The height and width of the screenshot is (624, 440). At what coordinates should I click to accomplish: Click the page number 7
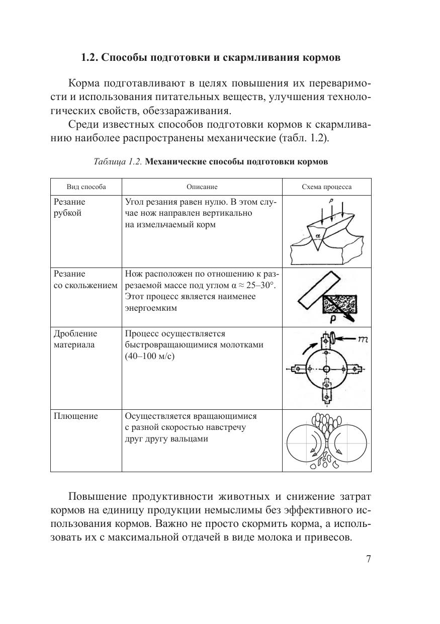pyautogui.click(x=369, y=560)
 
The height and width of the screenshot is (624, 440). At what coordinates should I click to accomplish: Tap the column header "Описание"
pyautogui.click(x=202, y=187)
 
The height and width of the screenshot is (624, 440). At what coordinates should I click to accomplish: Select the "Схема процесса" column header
pyautogui.click(x=326, y=187)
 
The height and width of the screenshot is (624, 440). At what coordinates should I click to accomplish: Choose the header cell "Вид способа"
pyautogui.click(x=86, y=187)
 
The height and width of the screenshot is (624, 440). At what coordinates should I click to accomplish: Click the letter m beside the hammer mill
pyautogui.click(x=362, y=340)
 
